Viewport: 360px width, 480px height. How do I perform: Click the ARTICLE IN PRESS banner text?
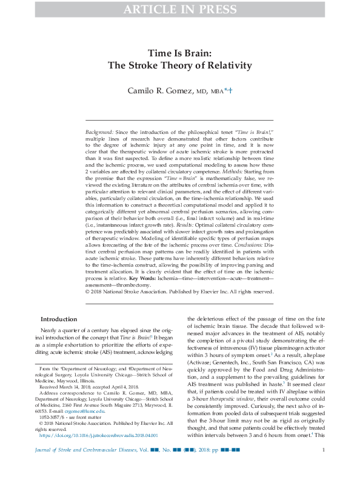tap(180, 9)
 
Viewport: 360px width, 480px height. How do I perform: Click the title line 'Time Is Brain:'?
tap(180, 53)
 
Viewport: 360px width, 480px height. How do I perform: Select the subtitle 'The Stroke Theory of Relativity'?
tap(180, 66)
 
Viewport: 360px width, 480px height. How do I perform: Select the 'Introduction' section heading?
tap(58, 319)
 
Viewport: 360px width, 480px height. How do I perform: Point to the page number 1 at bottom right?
tap(324, 467)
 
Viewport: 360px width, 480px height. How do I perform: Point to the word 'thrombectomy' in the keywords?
tap(135, 284)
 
